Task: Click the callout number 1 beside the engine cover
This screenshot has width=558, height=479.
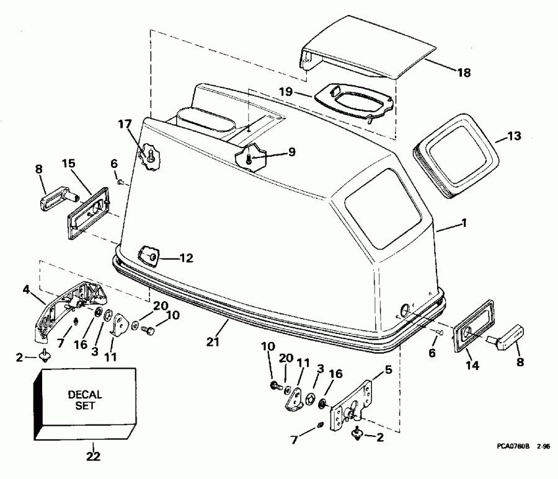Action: click(465, 225)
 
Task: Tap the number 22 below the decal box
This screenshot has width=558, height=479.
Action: click(92, 457)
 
